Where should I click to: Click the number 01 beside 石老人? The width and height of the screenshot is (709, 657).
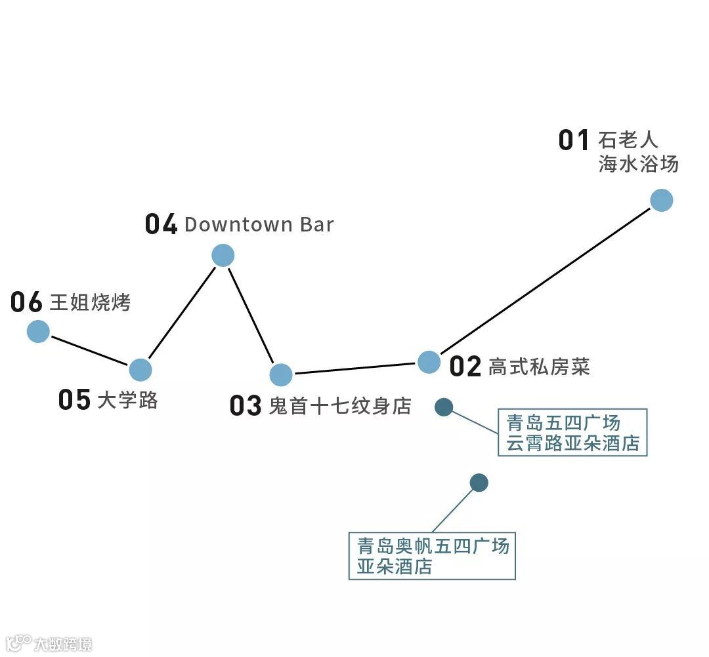pos(574,140)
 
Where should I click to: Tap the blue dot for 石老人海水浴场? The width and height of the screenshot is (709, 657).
pos(661,200)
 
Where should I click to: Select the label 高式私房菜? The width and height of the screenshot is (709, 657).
pos(538,367)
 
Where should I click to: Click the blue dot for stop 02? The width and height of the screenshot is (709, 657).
pos(429,361)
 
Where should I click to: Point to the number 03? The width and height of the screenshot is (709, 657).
pos(246,406)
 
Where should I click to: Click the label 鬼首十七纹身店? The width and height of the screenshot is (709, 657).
pos(339,406)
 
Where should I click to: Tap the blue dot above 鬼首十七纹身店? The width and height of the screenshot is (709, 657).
pos(281,374)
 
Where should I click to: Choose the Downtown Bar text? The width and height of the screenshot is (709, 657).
pos(259,224)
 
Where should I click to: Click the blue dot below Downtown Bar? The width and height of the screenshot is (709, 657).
pos(223,255)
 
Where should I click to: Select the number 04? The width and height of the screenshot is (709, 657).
pos(161,225)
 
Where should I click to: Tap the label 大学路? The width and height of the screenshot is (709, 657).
pos(127,400)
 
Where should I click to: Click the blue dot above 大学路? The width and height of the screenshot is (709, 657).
pos(140,370)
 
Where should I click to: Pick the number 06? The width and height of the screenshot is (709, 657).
pos(26,303)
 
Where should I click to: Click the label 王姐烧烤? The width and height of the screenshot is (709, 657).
pos(90,303)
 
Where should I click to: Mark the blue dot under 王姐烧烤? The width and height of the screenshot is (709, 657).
pos(38,331)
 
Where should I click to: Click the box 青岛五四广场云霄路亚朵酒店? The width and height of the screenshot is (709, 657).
pos(572,432)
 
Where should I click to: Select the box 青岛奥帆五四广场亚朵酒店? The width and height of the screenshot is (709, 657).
pos(432,556)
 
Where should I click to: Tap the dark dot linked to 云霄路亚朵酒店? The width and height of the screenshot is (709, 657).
pos(444,407)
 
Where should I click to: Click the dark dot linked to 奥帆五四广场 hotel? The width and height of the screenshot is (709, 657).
pos(479,483)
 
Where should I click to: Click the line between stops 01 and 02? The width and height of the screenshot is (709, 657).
pos(545,281)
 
